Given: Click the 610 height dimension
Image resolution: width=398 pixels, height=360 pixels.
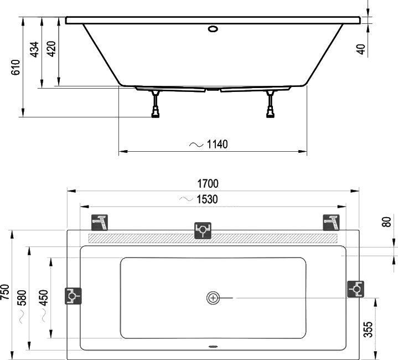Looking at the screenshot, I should click(15, 67).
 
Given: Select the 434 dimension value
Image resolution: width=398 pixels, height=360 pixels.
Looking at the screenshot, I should click(34, 50).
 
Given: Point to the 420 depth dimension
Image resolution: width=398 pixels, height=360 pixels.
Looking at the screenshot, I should click(51, 50).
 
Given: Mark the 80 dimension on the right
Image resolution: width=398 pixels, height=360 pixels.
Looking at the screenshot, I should click(387, 222).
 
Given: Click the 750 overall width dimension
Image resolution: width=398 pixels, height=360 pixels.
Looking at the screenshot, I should click(5, 292).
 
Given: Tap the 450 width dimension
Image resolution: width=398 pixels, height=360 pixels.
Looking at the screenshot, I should click(44, 297).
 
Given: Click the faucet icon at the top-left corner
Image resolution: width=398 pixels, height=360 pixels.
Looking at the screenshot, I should click(100, 222).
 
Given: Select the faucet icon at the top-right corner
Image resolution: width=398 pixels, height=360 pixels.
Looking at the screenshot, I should click(331, 222).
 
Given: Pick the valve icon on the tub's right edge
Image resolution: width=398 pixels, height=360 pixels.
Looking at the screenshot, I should click(355, 289).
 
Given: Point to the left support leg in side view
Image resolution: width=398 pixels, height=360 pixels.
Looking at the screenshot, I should click(156, 105).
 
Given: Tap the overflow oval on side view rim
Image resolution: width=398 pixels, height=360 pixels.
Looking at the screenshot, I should click(213, 27).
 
